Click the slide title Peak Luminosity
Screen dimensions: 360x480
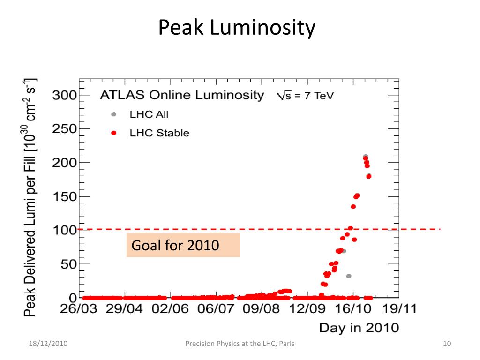[237, 28]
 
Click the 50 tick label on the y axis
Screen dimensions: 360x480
[68, 264]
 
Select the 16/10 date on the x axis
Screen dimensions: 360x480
[352, 309]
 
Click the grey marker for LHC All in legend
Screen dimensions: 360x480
[113, 114]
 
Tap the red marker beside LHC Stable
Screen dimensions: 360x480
[113, 133]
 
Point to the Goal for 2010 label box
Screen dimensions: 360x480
[183, 245]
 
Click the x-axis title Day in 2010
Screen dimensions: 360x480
[359, 327]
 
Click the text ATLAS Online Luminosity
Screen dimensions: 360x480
[182, 96]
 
